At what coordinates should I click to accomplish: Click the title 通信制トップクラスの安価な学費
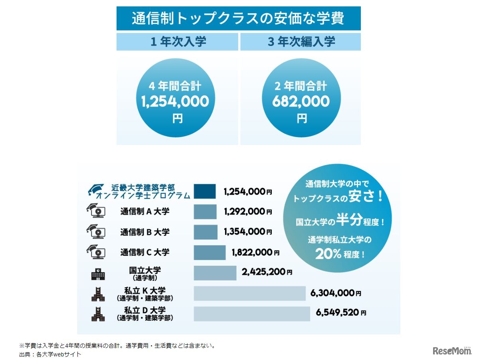(x=238, y=19)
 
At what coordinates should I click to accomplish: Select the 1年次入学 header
(x=178, y=42)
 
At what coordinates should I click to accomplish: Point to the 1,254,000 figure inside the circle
(x=175, y=101)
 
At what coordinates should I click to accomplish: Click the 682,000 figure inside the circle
(x=301, y=101)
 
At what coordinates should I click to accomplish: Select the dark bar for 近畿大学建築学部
(x=205, y=191)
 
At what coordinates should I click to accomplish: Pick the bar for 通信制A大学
(x=205, y=212)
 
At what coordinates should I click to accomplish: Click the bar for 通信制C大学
(x=210, y=253)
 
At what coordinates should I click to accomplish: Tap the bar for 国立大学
(x=215, y=273)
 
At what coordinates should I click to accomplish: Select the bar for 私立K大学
(x=249, y=293)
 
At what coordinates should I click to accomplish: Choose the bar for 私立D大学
(x=252, y=314)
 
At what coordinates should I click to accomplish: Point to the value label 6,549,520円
(x=341, y=313)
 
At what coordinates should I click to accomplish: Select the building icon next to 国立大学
(x=98, y=274)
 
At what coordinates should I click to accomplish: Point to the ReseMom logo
(x=452, y=350)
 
